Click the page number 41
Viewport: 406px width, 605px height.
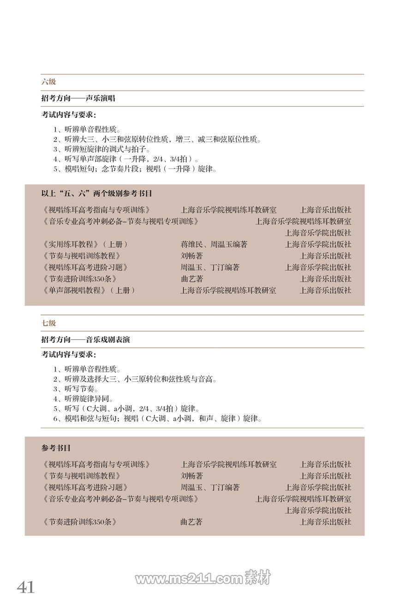(26, 587)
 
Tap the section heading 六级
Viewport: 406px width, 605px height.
(48, 82)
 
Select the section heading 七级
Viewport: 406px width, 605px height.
(48, 323)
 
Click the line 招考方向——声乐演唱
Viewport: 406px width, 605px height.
(78, 98)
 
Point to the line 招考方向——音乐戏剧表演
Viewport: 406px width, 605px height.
(85, 339)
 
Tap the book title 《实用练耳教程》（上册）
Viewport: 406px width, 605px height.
(84, 244)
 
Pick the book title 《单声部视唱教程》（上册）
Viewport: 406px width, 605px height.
(88, 291)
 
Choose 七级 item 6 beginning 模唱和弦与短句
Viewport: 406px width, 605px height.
(157, 419)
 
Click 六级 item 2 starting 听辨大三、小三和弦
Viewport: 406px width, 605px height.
(157, 139)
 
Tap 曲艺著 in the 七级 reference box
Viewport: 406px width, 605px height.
(191, 522)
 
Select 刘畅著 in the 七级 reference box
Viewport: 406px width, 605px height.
(191, 476)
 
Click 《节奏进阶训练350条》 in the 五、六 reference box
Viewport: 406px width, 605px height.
(78, 279)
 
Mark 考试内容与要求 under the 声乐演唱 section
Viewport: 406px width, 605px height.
(69, 114)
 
